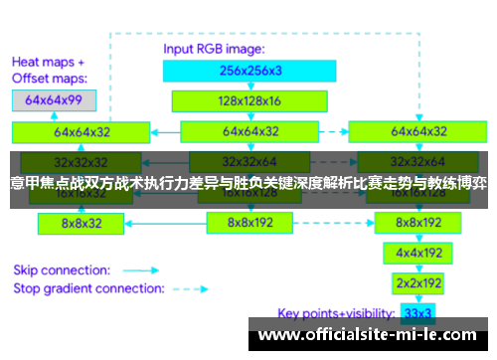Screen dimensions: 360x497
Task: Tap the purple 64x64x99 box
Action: click(54, 99)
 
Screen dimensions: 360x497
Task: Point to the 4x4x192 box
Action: click(418, 253)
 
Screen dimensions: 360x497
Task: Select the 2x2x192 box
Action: click(418, 281)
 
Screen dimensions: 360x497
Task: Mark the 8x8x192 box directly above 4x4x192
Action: click(418, 223)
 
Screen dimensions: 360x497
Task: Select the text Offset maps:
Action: click(50, 77)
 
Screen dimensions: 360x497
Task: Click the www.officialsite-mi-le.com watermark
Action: click(369, 336)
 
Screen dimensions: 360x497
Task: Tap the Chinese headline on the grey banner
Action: click(248, 183)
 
